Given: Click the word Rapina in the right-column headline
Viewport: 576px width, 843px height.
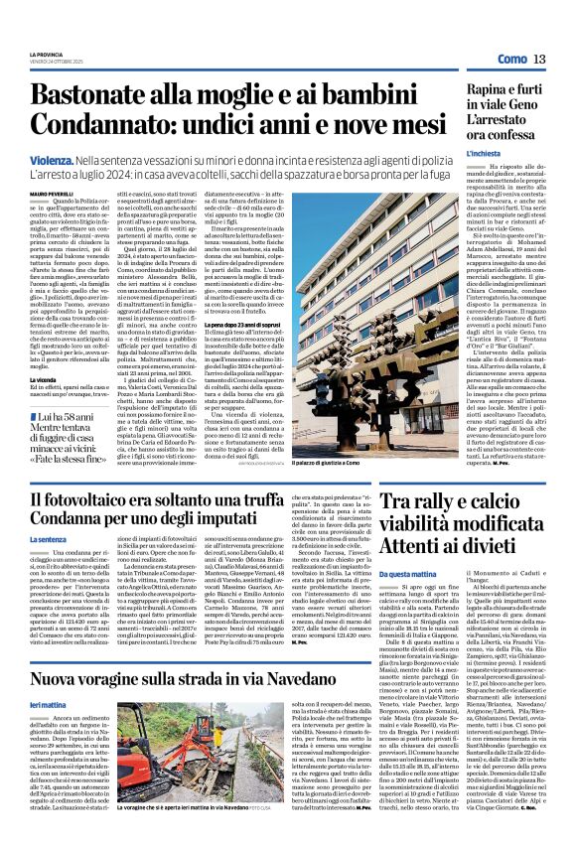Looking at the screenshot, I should click(466, 90).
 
